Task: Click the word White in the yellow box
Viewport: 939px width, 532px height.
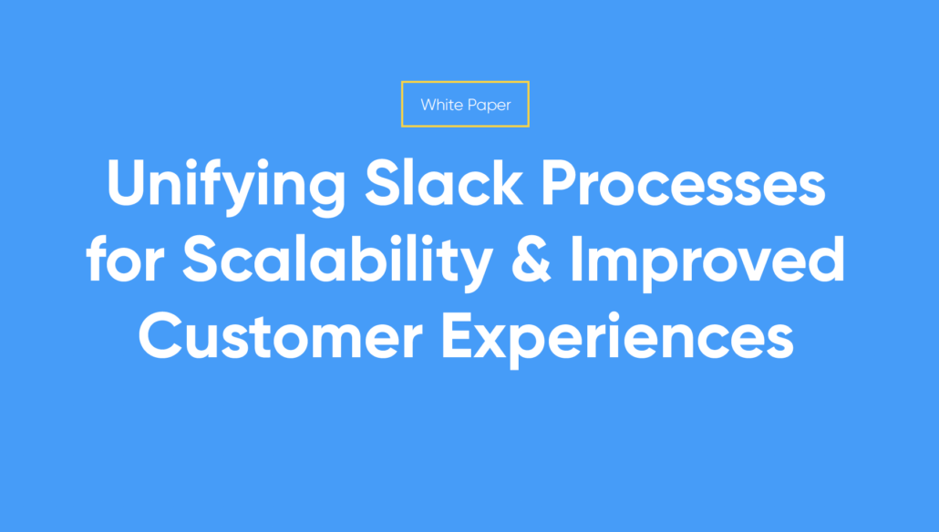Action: tap(441, 105)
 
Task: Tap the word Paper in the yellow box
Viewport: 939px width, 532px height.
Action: tap(490, 106)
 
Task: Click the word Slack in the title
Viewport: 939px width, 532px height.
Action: tap(444, 182)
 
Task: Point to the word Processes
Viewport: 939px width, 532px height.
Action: tap(684, 183)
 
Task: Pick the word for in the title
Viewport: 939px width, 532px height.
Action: tap(125, 258)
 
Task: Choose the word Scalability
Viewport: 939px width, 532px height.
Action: tap(337, 262)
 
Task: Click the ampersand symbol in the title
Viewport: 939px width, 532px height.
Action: tap(531, 260)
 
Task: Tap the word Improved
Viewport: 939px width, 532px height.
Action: tap(707, 262)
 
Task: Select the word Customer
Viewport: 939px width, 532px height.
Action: tap(281, 336)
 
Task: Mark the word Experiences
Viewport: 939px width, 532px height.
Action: tap(617, 339)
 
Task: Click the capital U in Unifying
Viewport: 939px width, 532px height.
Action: tap(127, 183)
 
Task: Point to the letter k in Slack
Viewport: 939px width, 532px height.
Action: tap(505, 182)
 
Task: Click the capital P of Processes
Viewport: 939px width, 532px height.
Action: tap(560, 183)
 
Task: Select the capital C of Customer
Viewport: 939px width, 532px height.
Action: tap(160, 336)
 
